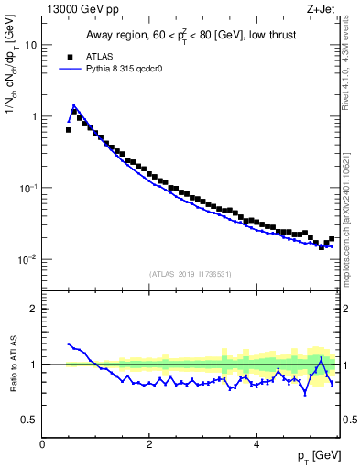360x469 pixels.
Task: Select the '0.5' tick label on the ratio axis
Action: pyautogui.click(x=29, y=420)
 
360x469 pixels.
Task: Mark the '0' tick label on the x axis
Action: pyautogui.click(x=42, y=444)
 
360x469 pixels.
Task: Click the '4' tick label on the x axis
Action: pyautogui.click(x=255, y=444)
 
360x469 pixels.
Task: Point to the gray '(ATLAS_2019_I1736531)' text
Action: pyautogui.click(x=191, y=274)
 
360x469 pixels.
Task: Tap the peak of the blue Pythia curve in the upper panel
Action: pyautogui.click(x=73, y=106)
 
